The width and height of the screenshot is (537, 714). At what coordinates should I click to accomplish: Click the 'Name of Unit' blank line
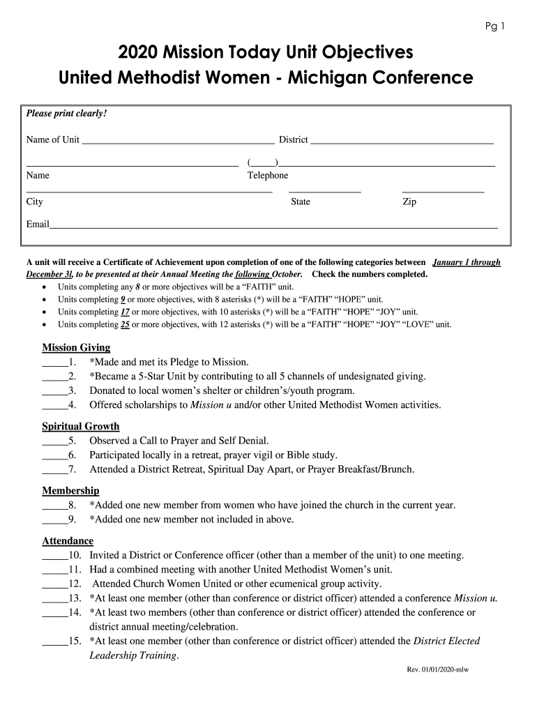tap(178, 142)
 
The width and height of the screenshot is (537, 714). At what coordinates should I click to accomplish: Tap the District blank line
tap(402, 142)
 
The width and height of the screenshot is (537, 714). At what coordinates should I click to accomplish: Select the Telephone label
tap(267, 176)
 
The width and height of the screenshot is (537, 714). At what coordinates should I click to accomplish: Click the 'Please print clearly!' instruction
tap(66, 114)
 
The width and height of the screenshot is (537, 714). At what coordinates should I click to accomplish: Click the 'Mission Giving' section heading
tap(76, 347)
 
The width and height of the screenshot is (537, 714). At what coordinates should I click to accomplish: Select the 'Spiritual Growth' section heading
tap(81, 426)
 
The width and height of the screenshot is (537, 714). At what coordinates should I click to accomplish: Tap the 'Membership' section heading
tap(70, 491)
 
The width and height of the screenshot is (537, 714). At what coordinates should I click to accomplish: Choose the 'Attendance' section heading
tap(68, 540)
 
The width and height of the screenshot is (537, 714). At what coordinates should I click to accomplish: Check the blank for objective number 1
tap(55, 363)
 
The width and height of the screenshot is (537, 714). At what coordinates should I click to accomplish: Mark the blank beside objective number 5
tap(55, 441)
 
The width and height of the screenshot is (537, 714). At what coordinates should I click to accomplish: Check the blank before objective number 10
tap(55, 556)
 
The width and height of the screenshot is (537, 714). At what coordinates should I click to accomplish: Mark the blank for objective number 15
tap(55, 642)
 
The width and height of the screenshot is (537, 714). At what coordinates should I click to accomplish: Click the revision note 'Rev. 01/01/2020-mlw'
tap(438, 670)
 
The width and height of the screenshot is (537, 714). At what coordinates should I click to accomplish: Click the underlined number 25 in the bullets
tap(125, 324)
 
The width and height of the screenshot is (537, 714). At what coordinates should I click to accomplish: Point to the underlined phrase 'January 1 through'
tap(467, 263)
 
